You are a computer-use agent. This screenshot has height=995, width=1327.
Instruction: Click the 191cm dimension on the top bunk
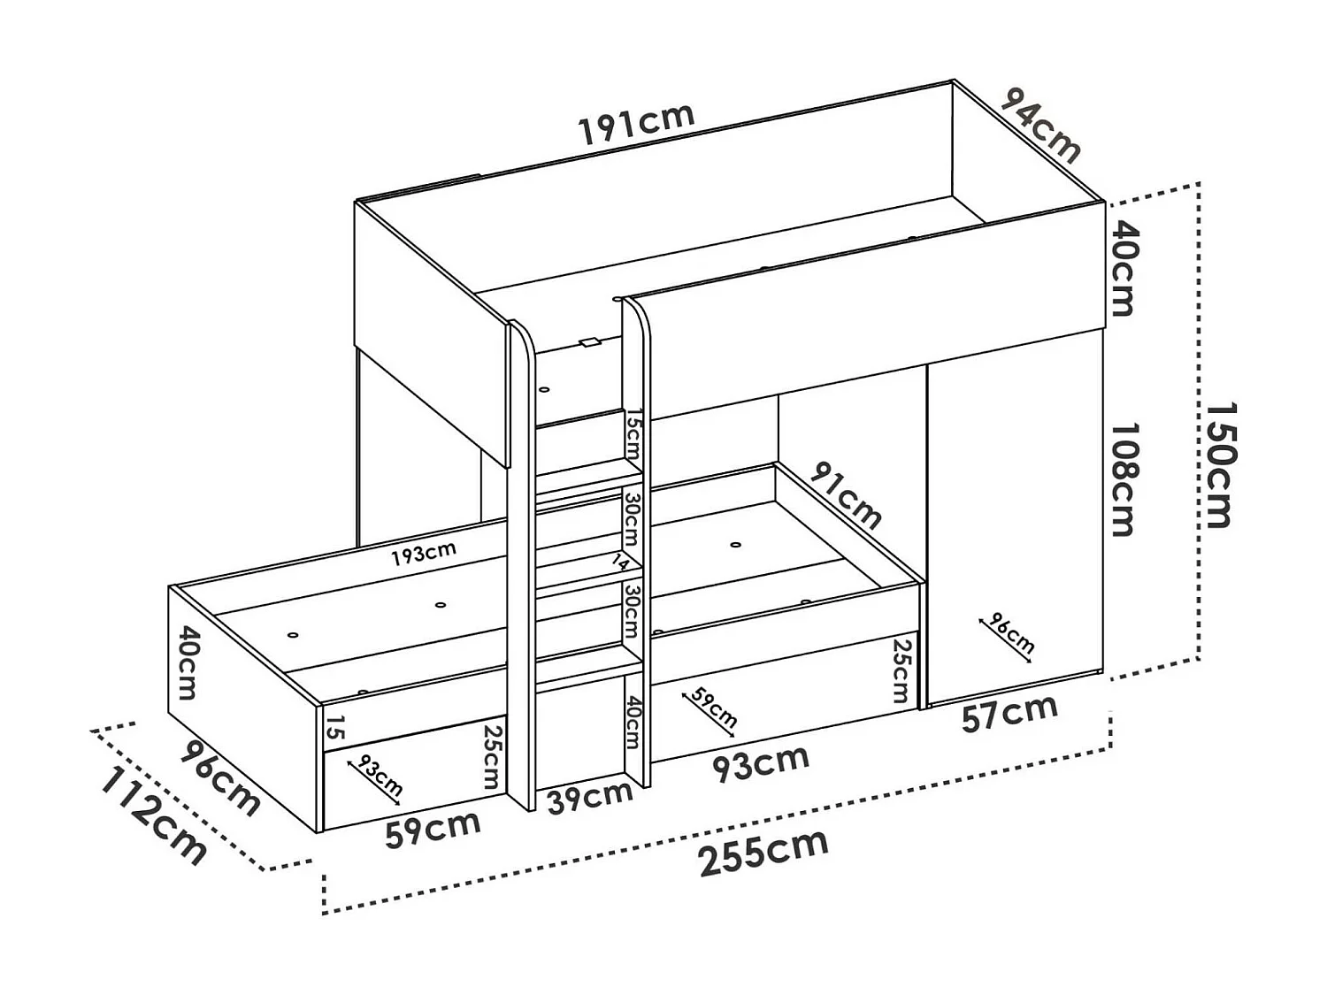(x=635, y=124)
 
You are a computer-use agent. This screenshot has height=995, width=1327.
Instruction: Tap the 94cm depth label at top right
(x=1040, y=126)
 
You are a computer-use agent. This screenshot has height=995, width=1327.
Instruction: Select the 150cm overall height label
(x=1221, y=465)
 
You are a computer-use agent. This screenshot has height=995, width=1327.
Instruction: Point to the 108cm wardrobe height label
(x=1122, y=478)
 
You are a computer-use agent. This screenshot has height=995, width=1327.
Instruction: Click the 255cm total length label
(x=763, y=853)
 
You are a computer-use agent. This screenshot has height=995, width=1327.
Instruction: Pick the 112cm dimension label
(x=153, y=815)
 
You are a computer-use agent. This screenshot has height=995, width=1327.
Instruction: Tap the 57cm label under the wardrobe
(x=1009, y=713)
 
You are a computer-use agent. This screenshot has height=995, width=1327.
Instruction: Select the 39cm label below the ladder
(x=589, y=797)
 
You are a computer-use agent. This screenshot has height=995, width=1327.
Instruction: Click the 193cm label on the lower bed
(x=425, y=555)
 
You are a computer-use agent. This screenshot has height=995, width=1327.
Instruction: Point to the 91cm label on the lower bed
(x=846, y=495)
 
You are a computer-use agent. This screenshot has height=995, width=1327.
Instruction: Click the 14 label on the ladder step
(x=622, y=562)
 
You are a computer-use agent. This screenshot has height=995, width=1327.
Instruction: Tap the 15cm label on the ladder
(x=633, y=433)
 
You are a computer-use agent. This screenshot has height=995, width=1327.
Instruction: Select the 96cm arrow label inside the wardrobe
(x=1009, y=632)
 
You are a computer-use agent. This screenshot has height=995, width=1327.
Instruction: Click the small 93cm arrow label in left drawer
(x=378, y=775)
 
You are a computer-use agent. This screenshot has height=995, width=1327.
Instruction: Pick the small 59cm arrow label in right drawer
(x=712, y=708)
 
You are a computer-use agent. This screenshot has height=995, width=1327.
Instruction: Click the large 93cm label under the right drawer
(x=761, y=763)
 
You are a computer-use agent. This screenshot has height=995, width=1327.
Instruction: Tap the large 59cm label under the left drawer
(x=433, y=829)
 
